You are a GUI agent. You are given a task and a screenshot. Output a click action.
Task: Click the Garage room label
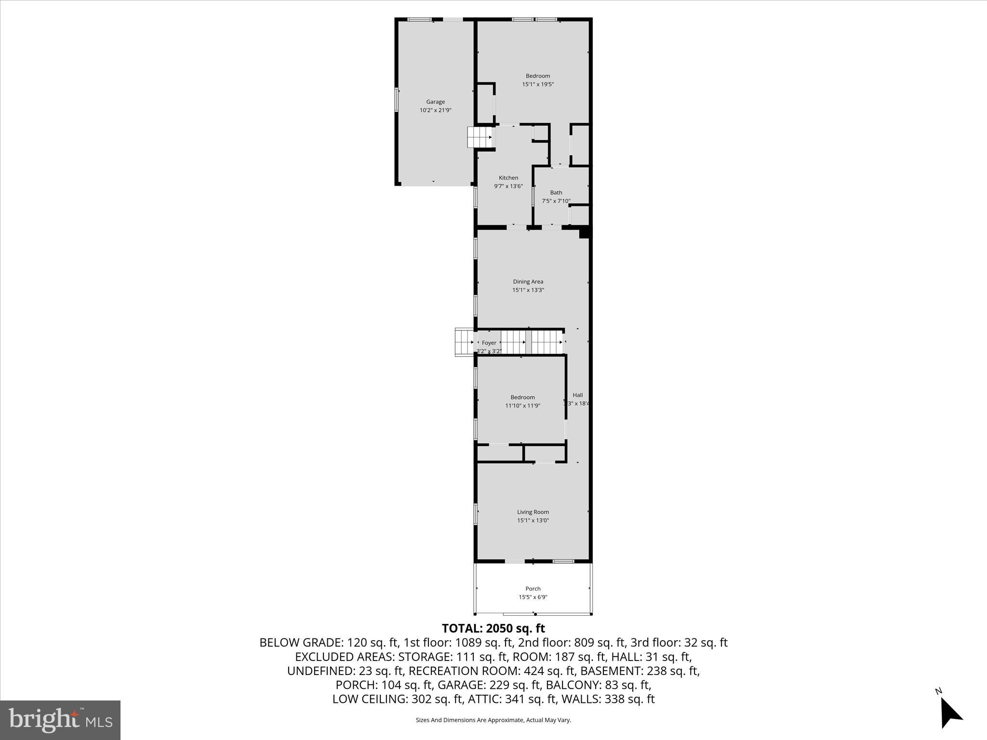click(x=435, y=102)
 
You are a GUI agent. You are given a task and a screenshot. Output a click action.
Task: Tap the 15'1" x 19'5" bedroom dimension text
click(x=538, y=84)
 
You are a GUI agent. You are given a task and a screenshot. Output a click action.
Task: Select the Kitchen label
click(x=508, y=178)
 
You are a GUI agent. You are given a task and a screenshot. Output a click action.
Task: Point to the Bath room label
click(x=556, y=192)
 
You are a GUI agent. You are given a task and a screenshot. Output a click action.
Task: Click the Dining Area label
click(x=528, y=281)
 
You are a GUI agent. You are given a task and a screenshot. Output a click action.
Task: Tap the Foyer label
click(x=489, y=343)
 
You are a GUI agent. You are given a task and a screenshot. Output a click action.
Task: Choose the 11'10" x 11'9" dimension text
click(x=522, y=406)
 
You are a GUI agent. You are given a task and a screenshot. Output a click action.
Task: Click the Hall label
click(x=577, y=395)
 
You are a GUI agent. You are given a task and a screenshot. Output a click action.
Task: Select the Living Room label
click(x=533, y=512)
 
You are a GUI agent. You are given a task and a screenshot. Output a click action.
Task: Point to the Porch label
click(x=533, y=589)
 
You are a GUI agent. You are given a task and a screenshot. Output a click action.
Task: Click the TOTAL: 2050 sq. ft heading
click(x=493, y=628)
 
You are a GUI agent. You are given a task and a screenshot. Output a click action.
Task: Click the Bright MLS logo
click(x=60, y=720)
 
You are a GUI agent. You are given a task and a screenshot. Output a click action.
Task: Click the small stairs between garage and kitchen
click(x=480, y=137)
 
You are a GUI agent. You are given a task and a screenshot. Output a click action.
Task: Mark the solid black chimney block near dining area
click(x=585, y=233)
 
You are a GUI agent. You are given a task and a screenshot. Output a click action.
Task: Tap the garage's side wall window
click(x=397, y=100)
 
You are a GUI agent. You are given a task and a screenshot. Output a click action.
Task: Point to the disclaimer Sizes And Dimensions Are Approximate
click(x=493, y=720)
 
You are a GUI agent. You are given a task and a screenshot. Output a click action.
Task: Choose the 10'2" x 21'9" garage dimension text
click(x=435, y=110)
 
